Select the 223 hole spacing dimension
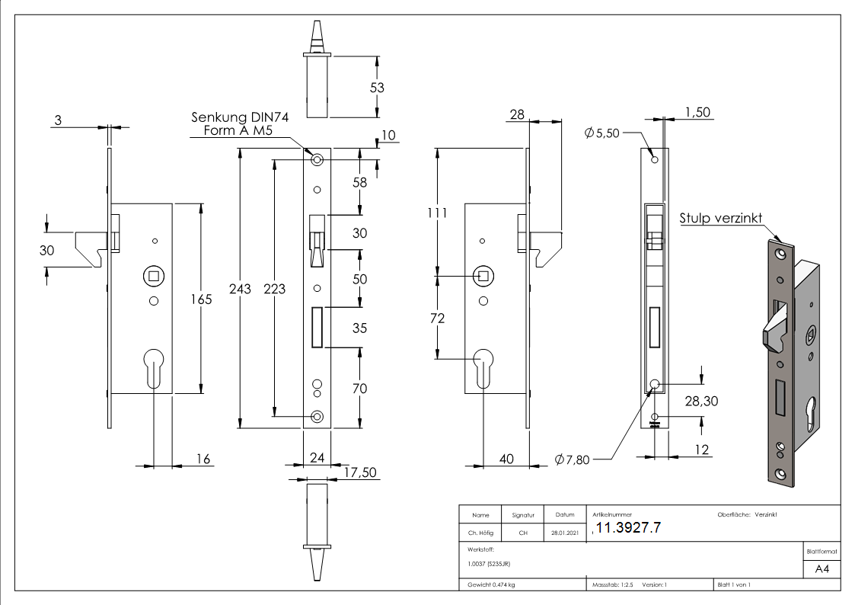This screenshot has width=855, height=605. tap(274, 288)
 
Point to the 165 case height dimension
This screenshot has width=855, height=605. tap(202, 299)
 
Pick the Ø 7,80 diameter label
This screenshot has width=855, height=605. tap(572, 459)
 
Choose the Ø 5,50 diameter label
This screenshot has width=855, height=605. tap(602, 133)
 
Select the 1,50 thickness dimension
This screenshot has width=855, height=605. tap(697, 112)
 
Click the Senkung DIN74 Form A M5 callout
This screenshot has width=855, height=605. tap(238, 124)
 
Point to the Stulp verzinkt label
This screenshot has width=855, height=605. tap(721, 219)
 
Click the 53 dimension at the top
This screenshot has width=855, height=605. tap(377, 88)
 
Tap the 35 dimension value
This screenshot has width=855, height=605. tap(359, 328)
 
